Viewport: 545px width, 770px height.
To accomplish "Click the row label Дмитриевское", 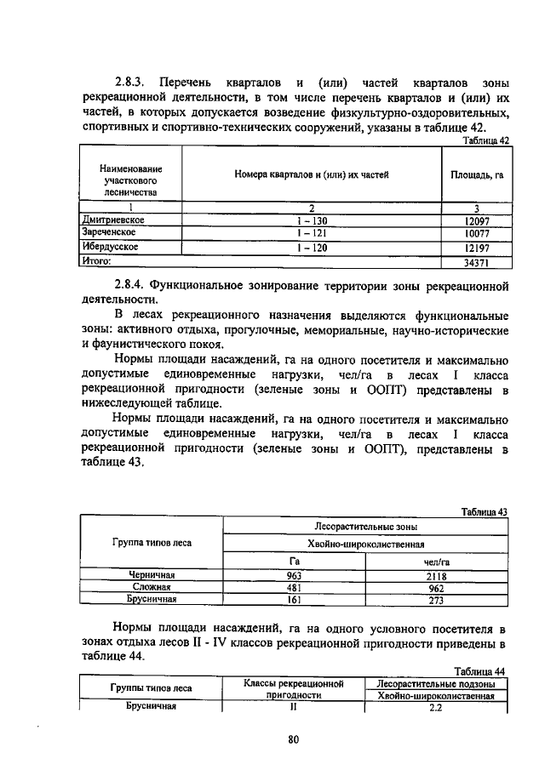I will tap(112, 220).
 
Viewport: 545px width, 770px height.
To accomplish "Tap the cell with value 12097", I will tap(476, 220).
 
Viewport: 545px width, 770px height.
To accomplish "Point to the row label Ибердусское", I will tap(110, 246).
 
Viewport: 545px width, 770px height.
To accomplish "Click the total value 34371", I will tap(476, 262).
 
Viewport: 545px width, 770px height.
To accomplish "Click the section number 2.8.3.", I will tap(139, 83).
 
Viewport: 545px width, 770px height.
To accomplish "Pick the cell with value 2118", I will tap(436, 576).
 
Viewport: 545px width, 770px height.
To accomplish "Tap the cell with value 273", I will tap(436, 599).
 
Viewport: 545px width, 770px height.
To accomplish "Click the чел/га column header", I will tap(436, 562).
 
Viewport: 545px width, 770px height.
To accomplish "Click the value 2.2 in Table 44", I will tap(436, 706).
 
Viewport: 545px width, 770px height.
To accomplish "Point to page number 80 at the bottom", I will tap(293, 740).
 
